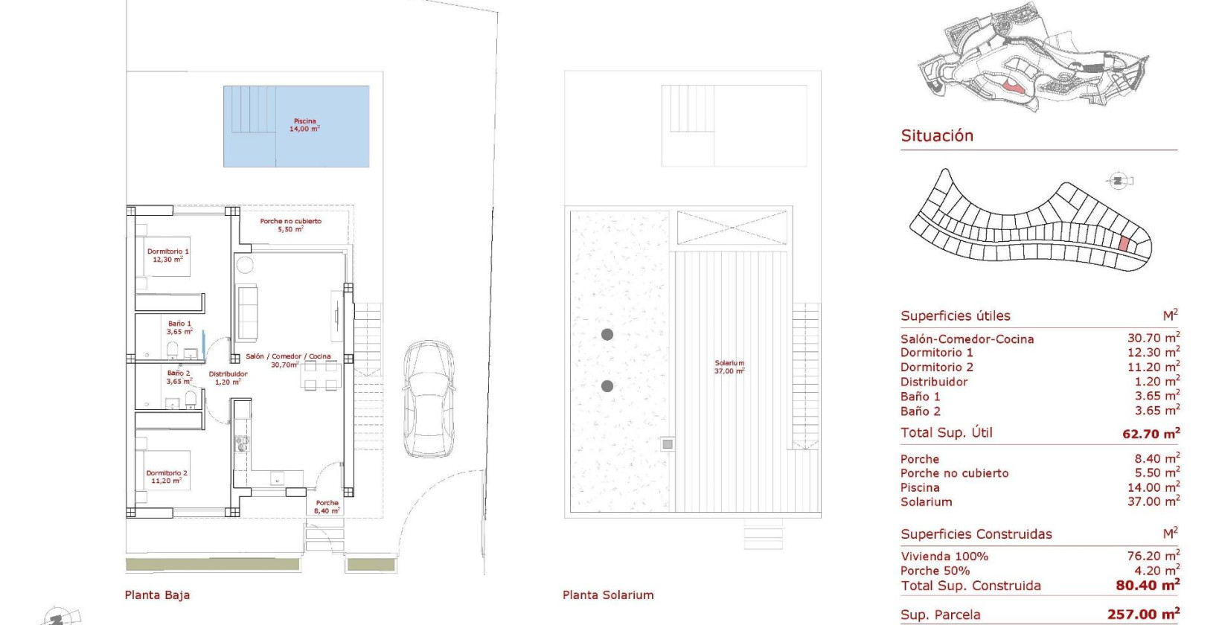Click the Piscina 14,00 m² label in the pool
point(305,125)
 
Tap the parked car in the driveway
point(429,399)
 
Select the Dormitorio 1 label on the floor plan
point(167,255)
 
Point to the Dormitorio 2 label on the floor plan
point(167,476)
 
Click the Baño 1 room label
point(179,327)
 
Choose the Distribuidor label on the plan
point(228,378)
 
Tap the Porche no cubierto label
point(290,225)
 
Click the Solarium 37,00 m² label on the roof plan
point(729,367)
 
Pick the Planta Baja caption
point(157,595)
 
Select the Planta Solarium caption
point(608,595)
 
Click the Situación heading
point(936,135)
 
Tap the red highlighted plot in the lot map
point(1123,244)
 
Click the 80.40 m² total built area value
point(1148,586)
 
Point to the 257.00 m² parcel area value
point(1143,614)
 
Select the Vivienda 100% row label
point(944,557)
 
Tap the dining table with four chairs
point(321,376)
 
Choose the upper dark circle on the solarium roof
point(607,335)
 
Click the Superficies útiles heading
point(955,315)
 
